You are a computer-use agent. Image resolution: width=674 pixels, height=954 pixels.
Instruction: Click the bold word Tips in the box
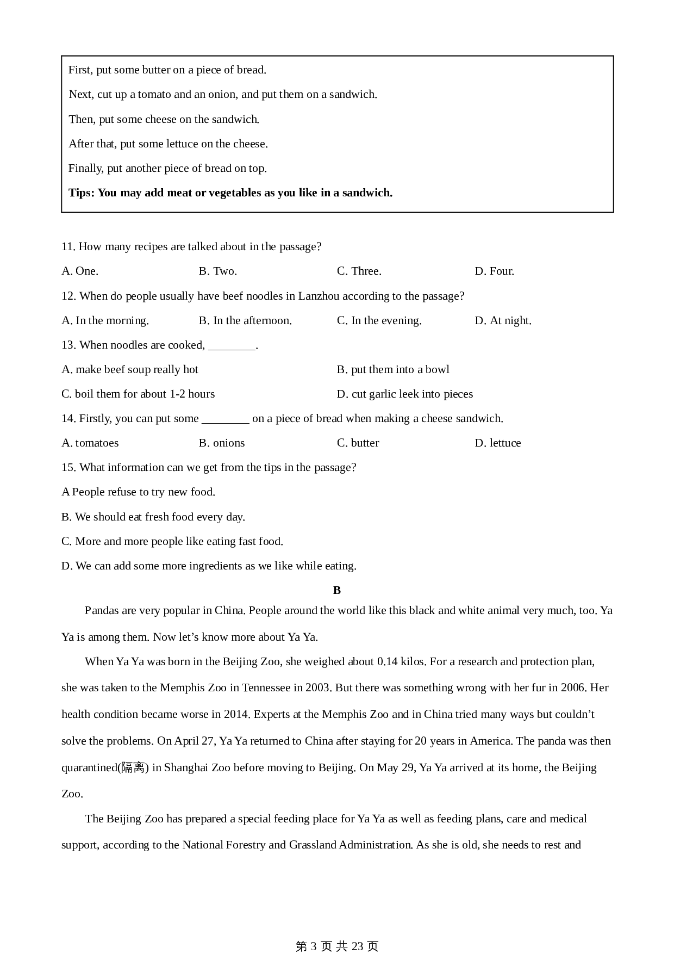click(80, 193)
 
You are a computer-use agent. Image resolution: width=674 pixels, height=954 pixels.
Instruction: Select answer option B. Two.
click(217, 271)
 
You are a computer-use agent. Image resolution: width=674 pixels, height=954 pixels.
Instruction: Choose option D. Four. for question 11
click(494, 271)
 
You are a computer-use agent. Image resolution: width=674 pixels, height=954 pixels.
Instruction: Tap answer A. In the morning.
click(105, 320)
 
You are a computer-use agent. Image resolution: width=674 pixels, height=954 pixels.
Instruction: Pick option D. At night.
click(503, 320)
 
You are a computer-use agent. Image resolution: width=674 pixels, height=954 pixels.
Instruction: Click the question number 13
click(68, 345)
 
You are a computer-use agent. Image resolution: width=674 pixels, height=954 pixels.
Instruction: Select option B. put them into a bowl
click(393, 369)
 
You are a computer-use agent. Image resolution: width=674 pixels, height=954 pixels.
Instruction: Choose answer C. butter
click(358, 443)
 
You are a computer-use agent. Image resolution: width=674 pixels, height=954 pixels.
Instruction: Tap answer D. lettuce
click(497, 443)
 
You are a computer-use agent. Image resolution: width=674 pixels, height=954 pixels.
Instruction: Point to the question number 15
click(68, 467)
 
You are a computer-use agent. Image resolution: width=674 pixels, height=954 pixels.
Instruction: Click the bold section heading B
click(337, 590)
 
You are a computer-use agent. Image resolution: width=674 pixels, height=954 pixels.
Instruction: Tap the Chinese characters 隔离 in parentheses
click(133, 767)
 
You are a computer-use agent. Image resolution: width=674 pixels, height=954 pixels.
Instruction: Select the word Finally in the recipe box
click(85, 168)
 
